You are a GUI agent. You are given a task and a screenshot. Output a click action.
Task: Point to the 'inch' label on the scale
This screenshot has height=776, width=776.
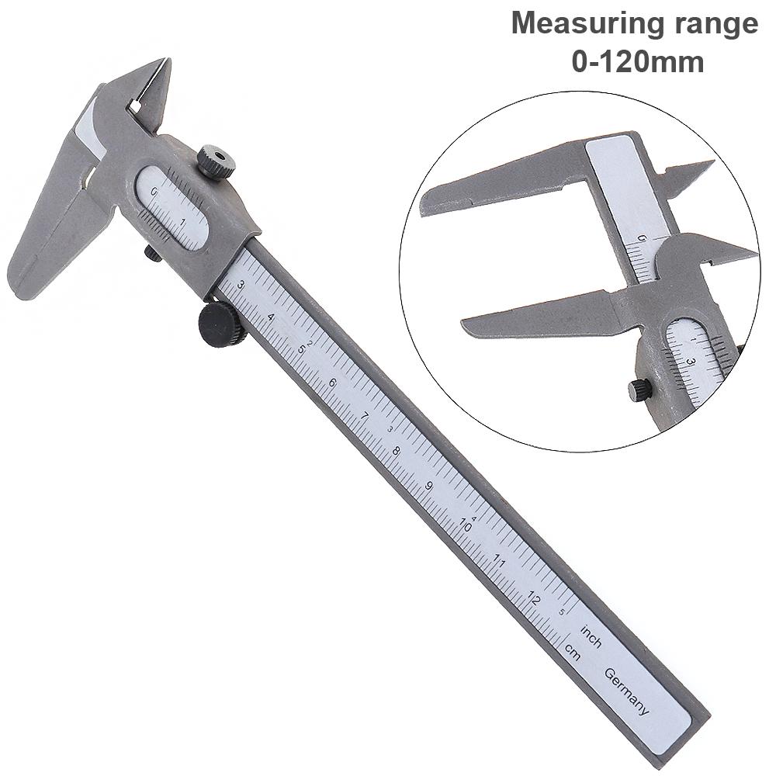[591, 636]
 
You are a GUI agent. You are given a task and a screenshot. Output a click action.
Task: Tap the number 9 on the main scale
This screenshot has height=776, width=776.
[429, 487]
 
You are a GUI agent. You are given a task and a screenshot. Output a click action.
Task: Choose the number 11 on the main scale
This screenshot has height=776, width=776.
[499, 561]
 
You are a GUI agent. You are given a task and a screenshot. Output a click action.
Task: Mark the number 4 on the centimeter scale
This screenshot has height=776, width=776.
[270, 317]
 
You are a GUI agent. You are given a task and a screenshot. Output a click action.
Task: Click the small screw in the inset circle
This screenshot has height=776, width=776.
[639, 390]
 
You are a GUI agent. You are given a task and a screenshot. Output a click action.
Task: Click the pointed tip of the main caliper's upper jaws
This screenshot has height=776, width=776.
[164, 61]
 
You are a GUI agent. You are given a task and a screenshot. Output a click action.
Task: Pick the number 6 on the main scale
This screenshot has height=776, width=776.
[332, 383]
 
